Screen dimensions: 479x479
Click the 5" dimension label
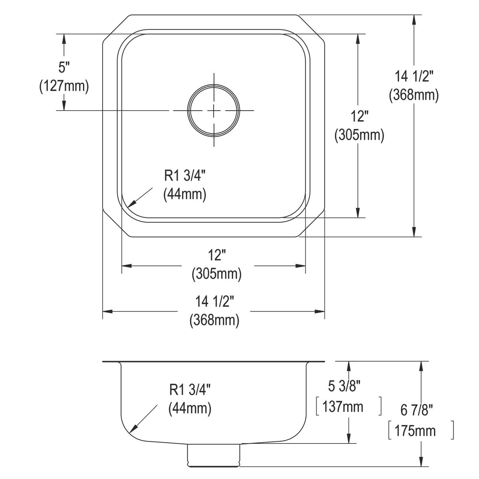[x=64, y=68]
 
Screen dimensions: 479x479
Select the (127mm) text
[x=64, y=86]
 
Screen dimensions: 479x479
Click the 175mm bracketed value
[x=415, y=431]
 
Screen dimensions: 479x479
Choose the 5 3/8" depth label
[x=344, y=386]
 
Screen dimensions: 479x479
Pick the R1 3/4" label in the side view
[x=190, y=388]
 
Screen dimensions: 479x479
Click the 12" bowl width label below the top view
[x=216, y=255]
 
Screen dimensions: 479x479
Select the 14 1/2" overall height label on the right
[x=414, y=75]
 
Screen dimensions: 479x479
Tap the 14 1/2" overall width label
[x=214, y=302]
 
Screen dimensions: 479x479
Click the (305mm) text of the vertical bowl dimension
[x=359, y=135]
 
